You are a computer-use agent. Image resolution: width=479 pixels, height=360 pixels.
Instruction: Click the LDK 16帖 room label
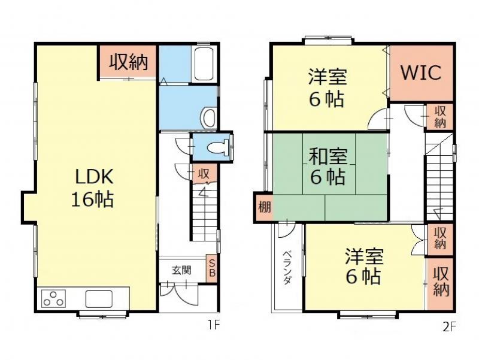pos(93,187)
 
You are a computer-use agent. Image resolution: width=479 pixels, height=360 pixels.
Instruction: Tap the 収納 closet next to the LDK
pos(128,61)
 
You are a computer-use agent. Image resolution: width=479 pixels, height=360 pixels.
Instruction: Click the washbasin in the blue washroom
pos(208,117)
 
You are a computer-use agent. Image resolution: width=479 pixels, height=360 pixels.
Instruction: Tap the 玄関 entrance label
pos(181,270)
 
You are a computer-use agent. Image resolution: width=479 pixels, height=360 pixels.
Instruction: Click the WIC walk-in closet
pos(420,72)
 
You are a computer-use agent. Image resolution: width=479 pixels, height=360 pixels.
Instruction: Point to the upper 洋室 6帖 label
pos(327,87)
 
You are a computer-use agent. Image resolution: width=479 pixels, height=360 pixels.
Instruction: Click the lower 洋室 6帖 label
pos(363,267)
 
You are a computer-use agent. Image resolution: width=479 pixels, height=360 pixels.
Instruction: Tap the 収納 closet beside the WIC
pos(439,116)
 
